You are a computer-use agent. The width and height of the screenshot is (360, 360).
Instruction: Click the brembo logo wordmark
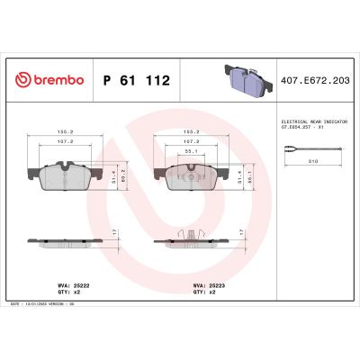50,80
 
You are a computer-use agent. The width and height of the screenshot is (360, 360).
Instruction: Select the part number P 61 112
136,80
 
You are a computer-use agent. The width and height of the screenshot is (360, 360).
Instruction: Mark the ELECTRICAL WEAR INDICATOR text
305,121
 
